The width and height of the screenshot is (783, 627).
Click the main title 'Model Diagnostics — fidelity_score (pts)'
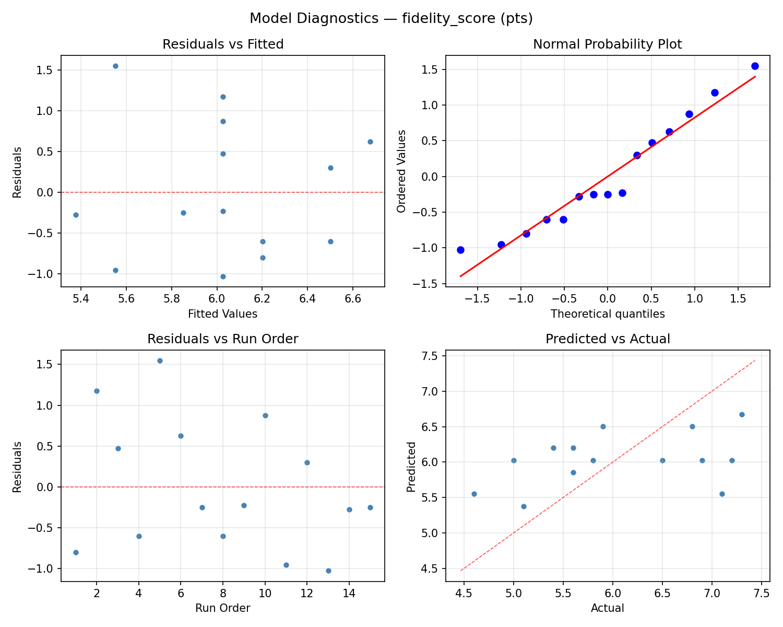(391, 19)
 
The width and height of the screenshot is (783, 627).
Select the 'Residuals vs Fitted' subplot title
(223, 44)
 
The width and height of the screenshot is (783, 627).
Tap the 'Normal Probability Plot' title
(607, 44)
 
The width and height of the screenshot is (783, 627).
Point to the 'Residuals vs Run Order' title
(223, 339)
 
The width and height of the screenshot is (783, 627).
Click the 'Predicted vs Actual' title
(608, 339)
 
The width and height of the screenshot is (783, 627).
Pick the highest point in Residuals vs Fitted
(115, 66)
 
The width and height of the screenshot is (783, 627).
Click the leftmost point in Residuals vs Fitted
(76, 215)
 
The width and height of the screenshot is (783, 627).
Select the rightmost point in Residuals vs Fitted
(370, 142)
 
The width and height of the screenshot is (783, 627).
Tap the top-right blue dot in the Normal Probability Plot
(755, 66)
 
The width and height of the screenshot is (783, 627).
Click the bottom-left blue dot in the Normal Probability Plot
(460, 250)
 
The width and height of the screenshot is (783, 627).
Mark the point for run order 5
(160, 361)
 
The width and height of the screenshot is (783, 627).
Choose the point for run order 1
(76, 552)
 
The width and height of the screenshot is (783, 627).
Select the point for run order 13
(328, 571)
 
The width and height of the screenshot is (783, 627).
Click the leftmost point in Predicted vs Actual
(474, 494)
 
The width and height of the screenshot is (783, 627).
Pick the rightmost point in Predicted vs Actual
(742, 414)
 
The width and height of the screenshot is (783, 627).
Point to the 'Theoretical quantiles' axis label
(608, 314)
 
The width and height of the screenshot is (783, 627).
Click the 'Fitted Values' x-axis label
(223, 314)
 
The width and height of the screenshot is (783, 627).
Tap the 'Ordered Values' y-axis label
(401, 171)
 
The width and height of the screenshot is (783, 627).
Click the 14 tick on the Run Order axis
(349, 593)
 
